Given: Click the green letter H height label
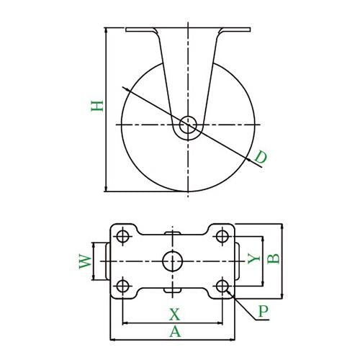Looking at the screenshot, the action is (97, 106).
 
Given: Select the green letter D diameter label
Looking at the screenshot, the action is (261, 157).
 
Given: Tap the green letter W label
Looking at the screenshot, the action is (85, 261).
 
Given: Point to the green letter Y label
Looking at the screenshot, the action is (253, 258).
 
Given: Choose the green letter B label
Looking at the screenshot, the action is (274, 258).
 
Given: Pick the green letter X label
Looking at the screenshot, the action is (174, 315).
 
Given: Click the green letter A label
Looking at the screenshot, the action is (175, 331).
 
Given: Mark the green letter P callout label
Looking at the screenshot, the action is (264, 311).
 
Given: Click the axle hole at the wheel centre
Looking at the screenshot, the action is (188, 125).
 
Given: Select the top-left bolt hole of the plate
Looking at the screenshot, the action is (123, 236).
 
